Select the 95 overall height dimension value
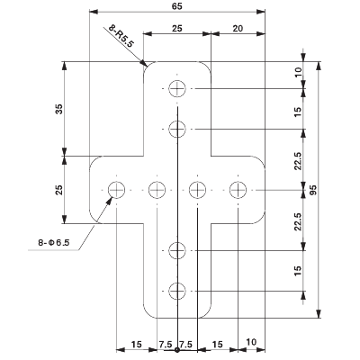[313, 191]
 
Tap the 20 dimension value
[238, 29]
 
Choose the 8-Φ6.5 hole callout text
[55, 242]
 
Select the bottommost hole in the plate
[178, 290]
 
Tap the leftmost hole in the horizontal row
[117, 189]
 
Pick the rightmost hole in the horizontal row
[238, 189]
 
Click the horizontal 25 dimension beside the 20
[177, 29]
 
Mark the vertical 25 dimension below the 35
[59, 190]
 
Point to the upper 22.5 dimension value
[300, 159]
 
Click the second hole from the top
[178, 128]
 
